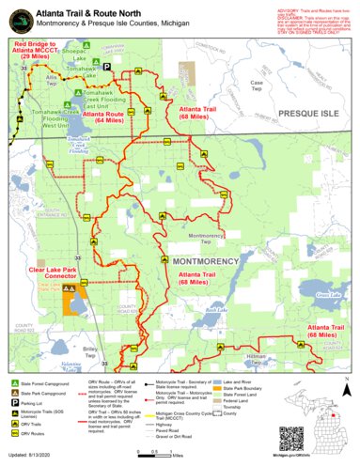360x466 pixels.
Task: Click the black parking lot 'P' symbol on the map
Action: [x=106, y=66]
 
